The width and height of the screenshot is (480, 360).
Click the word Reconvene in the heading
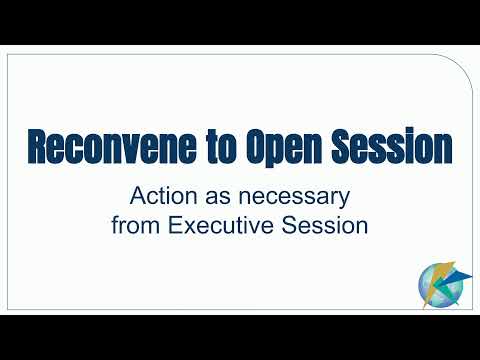tap(112, 146)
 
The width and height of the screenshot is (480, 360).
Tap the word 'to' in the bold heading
tap(222, 147)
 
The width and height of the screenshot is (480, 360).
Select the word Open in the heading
tap(284, 147)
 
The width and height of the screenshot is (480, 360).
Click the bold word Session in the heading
tap(392, 146)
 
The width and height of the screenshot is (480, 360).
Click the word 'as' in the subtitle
tap(218, 198)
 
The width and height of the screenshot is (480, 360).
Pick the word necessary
tap(294, 199)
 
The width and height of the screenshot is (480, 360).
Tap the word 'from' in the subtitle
tap(137, 225)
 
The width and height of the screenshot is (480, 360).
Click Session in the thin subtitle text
tap(324, 225)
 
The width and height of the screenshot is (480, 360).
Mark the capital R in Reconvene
tap(38, 146)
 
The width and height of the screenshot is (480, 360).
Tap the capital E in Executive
tap(175, 225)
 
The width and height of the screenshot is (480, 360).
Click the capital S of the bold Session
tap(341, 146)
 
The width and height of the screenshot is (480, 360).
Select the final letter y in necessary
tap(344, 201)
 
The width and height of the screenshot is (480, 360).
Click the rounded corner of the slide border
tap(463, 67)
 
